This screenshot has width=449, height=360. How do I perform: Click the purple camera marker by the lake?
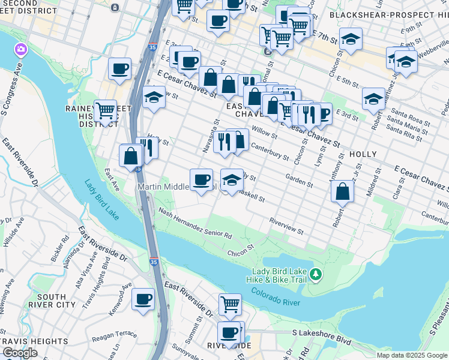pyautogui.click(x=21, y=49)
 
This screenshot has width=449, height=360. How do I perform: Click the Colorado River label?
pyautogui.click(x=276, y=296)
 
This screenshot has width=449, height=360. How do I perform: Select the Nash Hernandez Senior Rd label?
pyautogui.click(x=195, y=224)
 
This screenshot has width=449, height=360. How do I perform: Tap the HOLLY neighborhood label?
pyautogui.click(x=363, y=154)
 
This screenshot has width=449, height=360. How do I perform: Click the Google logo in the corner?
pyautogui.click(x=20, y=353)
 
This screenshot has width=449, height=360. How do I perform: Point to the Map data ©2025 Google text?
pyautogui.click(x=412, y=355)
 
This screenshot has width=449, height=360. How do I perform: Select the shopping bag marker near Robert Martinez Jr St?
pyautogui.click(x=342, y=192)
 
